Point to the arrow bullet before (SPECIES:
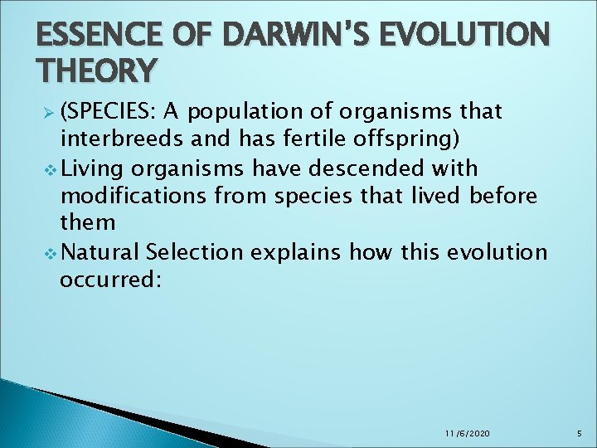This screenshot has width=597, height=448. (x=46, y=112)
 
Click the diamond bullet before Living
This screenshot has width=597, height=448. (x=46, y=168)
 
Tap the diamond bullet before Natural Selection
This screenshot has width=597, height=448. (x=46, y=252)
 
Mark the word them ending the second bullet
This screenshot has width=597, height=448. (x=87, y=224)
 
